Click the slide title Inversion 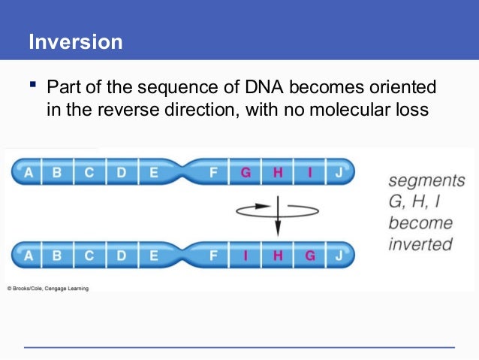75,41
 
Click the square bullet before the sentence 33,87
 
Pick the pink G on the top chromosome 245,172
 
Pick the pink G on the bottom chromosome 310,255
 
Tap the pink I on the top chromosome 310,172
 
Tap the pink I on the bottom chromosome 245,255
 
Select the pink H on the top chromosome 278,172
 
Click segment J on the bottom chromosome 339,255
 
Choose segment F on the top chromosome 213,172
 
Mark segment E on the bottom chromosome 153,255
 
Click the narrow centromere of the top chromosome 182,172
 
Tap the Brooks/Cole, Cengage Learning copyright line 48,288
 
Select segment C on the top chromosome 89,172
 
